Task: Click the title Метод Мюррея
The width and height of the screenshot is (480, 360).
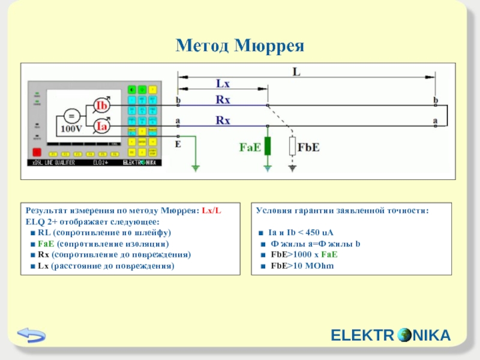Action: (x=240, y=46)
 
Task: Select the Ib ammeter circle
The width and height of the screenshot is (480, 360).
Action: (x=103, y=106)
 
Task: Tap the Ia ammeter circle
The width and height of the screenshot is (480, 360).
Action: (x=103, y=127)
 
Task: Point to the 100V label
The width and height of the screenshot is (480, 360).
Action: (x=71, y=129)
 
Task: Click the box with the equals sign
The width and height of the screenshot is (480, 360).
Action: (x=71, y=116)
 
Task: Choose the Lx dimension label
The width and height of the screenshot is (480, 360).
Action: (x=223, y=85)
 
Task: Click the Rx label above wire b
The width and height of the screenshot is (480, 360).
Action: (x=223, y=99)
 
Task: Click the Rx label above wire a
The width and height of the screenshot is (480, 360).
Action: (x=223, y=120)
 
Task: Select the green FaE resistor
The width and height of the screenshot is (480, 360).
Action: (x=268, y=146)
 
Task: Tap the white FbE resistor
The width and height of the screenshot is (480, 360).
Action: (x=292, y=146)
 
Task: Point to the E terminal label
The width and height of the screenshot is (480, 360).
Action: (x=178, y=144)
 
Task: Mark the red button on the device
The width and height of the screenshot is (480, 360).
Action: (x=37, y=152)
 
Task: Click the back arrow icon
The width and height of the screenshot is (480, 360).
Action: (x=31, y=335)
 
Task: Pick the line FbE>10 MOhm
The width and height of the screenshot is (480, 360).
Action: (x=302, y=265)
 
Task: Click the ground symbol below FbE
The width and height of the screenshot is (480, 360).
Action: (x=292, y=169)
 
